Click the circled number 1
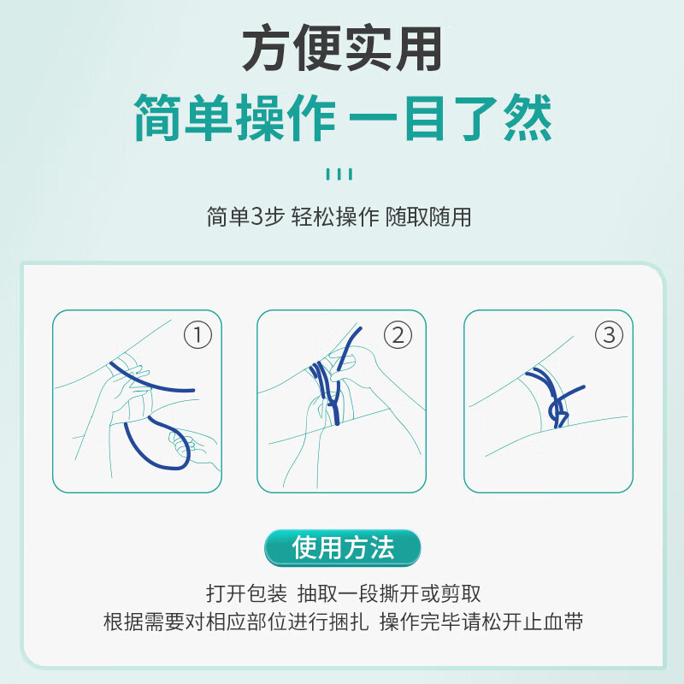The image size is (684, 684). coord(198,335)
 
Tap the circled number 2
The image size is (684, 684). coord(398,335)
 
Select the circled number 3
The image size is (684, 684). coord(609,335)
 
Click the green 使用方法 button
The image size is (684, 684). coord(343,548)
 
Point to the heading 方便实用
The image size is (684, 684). coord(342,48)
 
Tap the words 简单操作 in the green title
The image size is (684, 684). coord(235,118)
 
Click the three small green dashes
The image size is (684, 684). coord(339,174)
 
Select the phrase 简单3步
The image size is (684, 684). coord(245,217)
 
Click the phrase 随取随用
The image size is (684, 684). coord(428,217)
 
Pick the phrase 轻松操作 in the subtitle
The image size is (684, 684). coord(335,217)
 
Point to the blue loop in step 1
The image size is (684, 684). coord(158,444)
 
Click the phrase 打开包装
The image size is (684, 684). coord(246,593)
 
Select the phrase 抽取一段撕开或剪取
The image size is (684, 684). coord(389,593)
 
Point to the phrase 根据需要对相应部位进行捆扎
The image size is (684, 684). coord(236,622)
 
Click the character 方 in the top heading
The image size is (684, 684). coord(266,48)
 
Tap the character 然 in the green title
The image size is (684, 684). coord(528,118)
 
